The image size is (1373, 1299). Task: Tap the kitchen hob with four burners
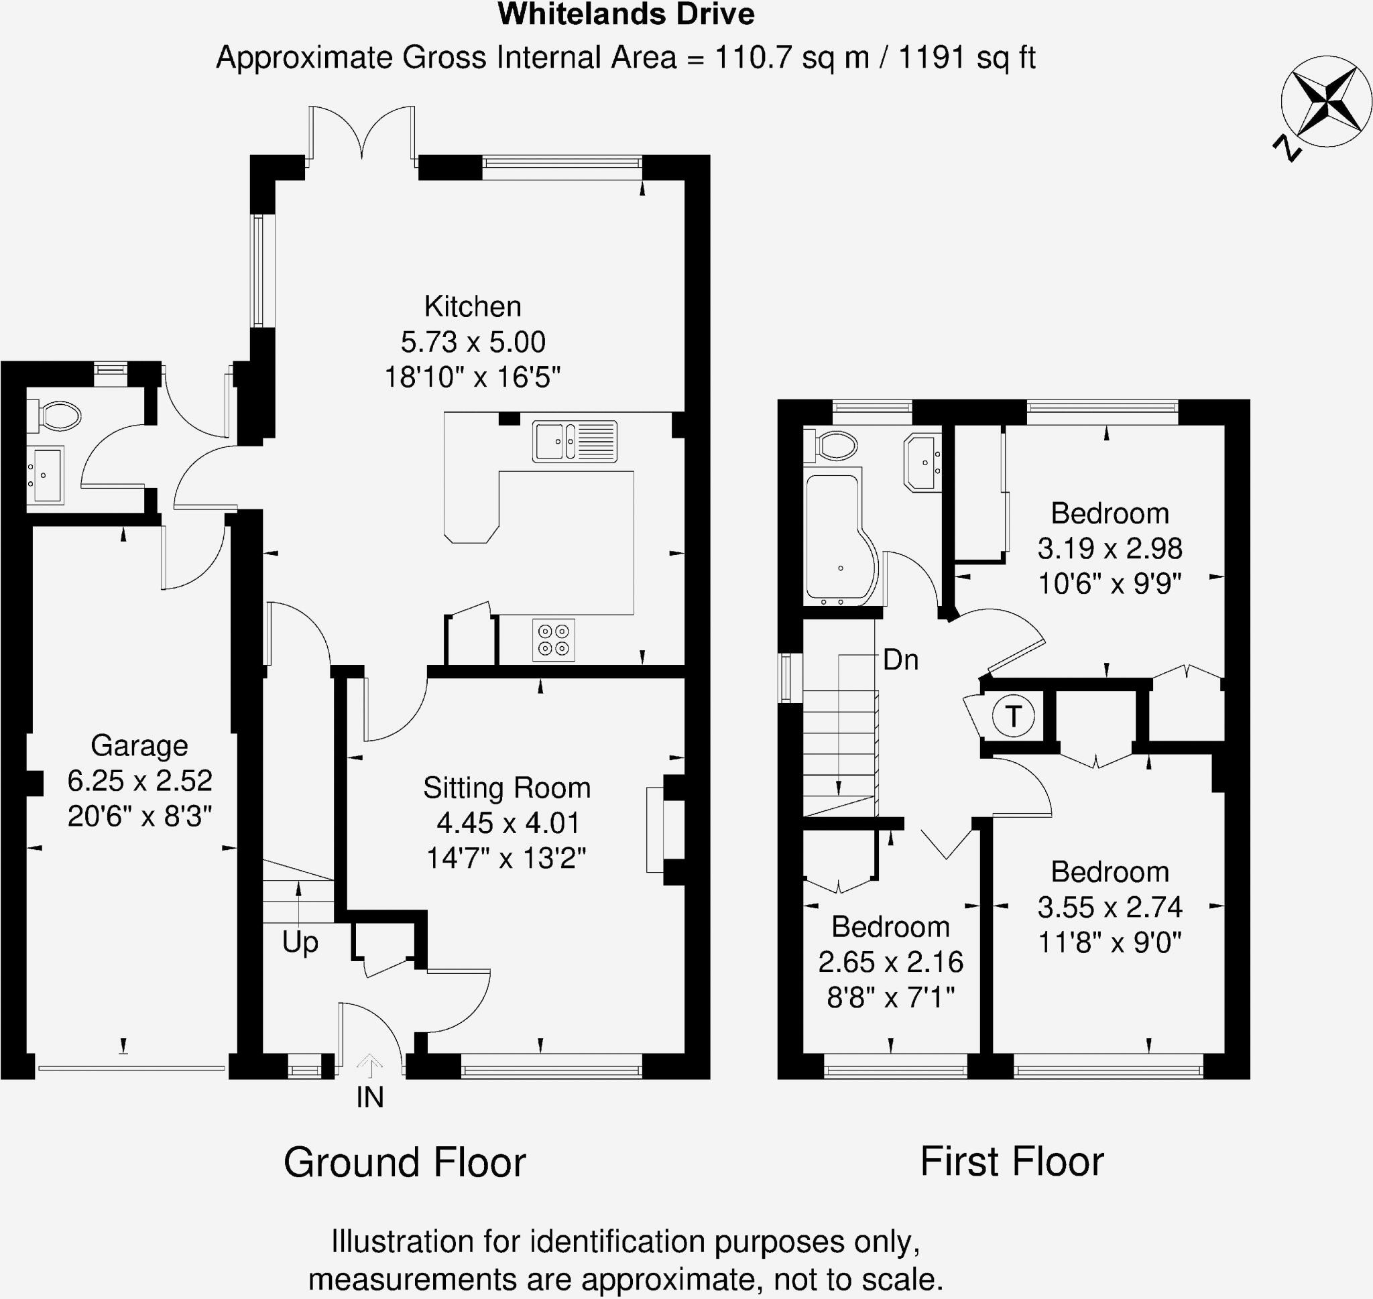coord(553,639)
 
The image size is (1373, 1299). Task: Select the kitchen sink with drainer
coord(574,441)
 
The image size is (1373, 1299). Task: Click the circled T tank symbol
coord(1013,716)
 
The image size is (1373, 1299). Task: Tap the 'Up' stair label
coord(300,942)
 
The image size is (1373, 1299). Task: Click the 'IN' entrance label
coord(370,1097)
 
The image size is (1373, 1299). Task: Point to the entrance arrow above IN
coord(370,1066)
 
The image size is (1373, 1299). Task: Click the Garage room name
coord(139,746)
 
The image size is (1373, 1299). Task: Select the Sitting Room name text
coord(506,788)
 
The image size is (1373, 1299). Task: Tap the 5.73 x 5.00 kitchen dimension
coord(473,342)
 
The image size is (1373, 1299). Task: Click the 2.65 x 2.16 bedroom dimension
coord(890,962)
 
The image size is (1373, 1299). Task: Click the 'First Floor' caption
coord(1012,1162)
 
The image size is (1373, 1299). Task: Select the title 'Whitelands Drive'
coord(626,15)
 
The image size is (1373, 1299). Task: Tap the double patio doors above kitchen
coord(361,135)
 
